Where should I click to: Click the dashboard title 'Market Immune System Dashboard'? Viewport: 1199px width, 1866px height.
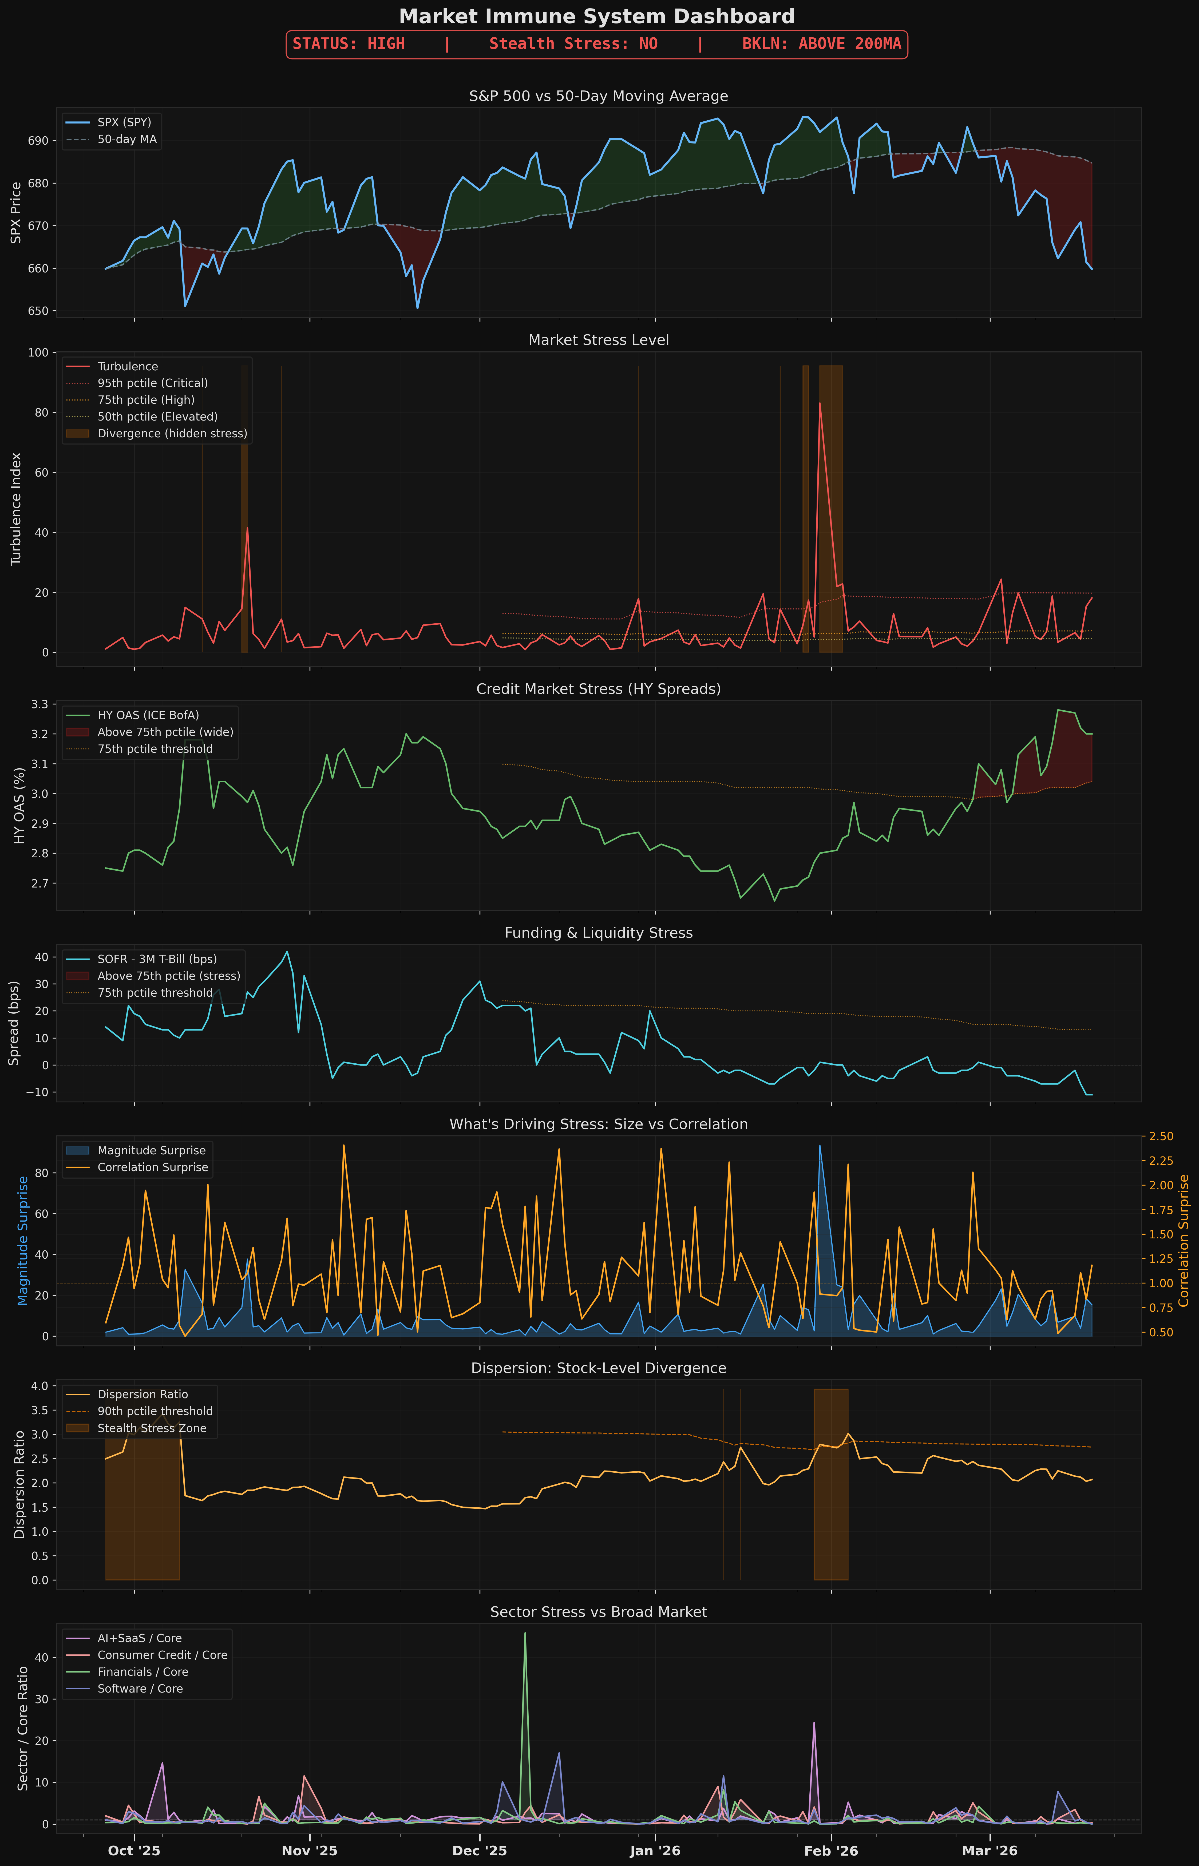(596, 16)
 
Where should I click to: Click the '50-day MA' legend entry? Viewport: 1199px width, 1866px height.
(127, 139)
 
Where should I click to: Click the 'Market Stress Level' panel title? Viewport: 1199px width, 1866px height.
(598, 340)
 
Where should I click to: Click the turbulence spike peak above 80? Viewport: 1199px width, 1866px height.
(820, 403)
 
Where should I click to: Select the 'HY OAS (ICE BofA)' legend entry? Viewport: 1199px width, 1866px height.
(148, 715)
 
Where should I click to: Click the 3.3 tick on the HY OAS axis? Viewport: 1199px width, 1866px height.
(38, 704)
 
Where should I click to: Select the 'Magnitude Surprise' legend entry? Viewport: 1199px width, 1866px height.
(151, 1151)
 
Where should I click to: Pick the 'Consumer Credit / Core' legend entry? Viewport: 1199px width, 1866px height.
(162, 1655)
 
